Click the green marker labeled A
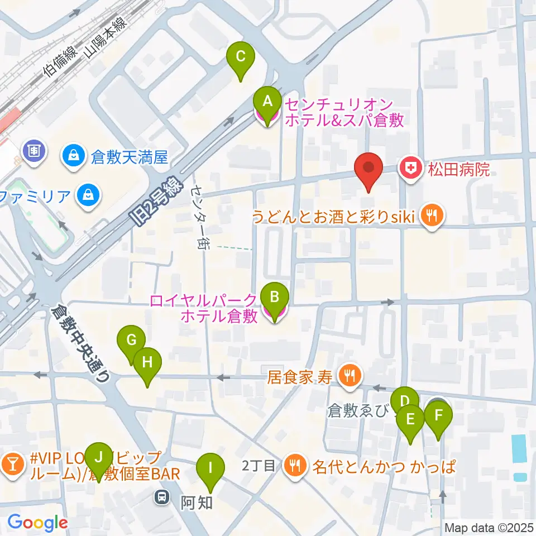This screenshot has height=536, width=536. pyautogui.click(x=267, y=103)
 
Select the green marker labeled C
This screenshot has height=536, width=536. pyautogui.click(x=241, y=57)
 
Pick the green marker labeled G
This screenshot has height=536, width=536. pyautogui.click(x=131, y=341)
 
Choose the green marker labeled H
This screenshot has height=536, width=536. pyautogui.click(x=147, y=363)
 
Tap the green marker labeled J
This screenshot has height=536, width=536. pyautogui.click(x=99, y=458)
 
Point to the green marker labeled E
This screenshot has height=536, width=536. pyautogui.click(x=411, y=420)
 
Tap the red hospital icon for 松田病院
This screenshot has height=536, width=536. pyautogui.click(x=411, y=168)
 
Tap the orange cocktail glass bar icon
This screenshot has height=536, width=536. pyautogui.click(x=12, y=463)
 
